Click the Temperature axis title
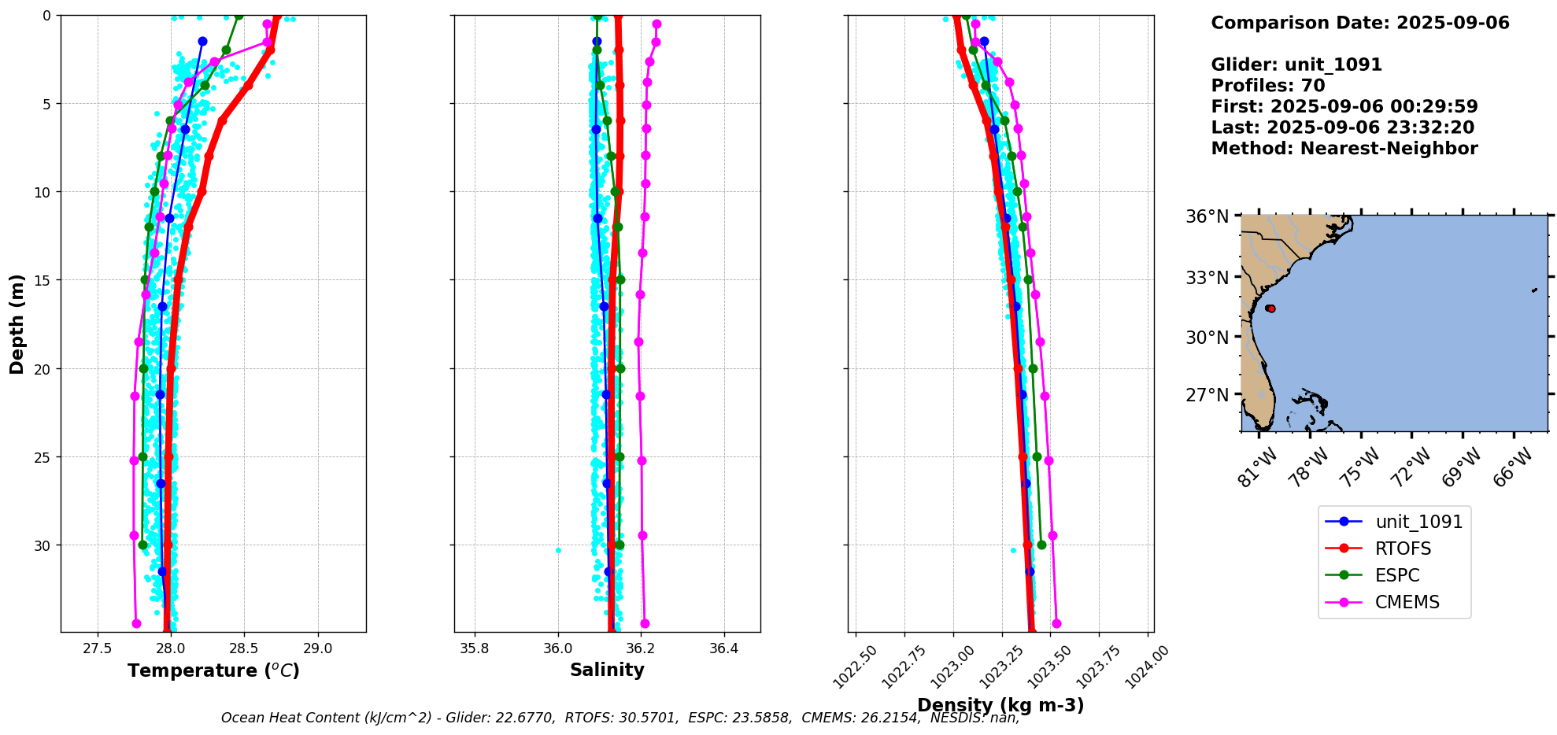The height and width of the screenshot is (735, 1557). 213,670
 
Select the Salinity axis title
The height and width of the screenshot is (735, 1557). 607,670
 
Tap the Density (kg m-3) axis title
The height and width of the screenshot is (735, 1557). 1000,705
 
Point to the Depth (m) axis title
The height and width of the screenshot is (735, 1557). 17,323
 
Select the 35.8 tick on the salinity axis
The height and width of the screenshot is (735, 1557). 475,649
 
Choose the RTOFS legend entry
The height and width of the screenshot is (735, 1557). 1403,548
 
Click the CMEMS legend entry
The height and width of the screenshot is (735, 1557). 1407,602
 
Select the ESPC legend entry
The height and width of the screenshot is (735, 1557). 1397,575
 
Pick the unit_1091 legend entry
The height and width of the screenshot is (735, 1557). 1418,522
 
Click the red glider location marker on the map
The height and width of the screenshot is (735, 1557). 1270,308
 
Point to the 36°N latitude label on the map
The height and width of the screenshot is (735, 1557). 1208,216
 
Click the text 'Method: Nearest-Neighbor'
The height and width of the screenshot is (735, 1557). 1344,149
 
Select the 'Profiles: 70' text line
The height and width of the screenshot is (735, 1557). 1267,86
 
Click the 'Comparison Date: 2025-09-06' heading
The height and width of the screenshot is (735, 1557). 1359,23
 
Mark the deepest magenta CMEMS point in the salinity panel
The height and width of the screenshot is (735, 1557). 645,623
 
